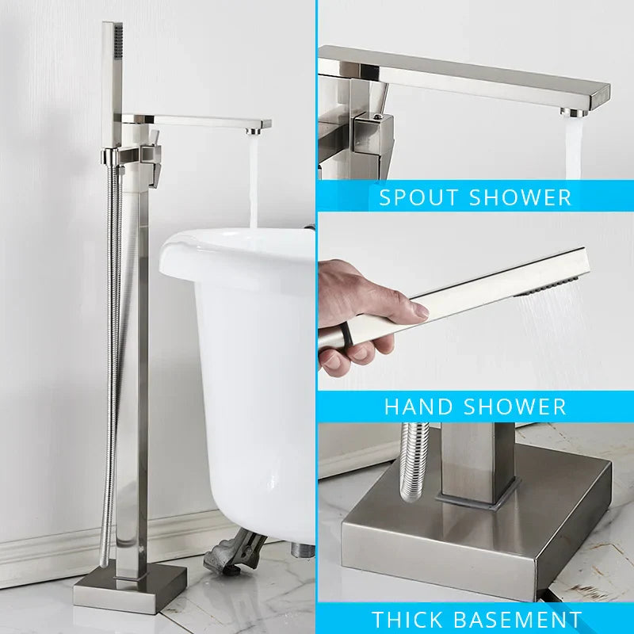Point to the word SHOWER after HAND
[x=515, y=407]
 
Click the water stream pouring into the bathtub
[x=254, y=182]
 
